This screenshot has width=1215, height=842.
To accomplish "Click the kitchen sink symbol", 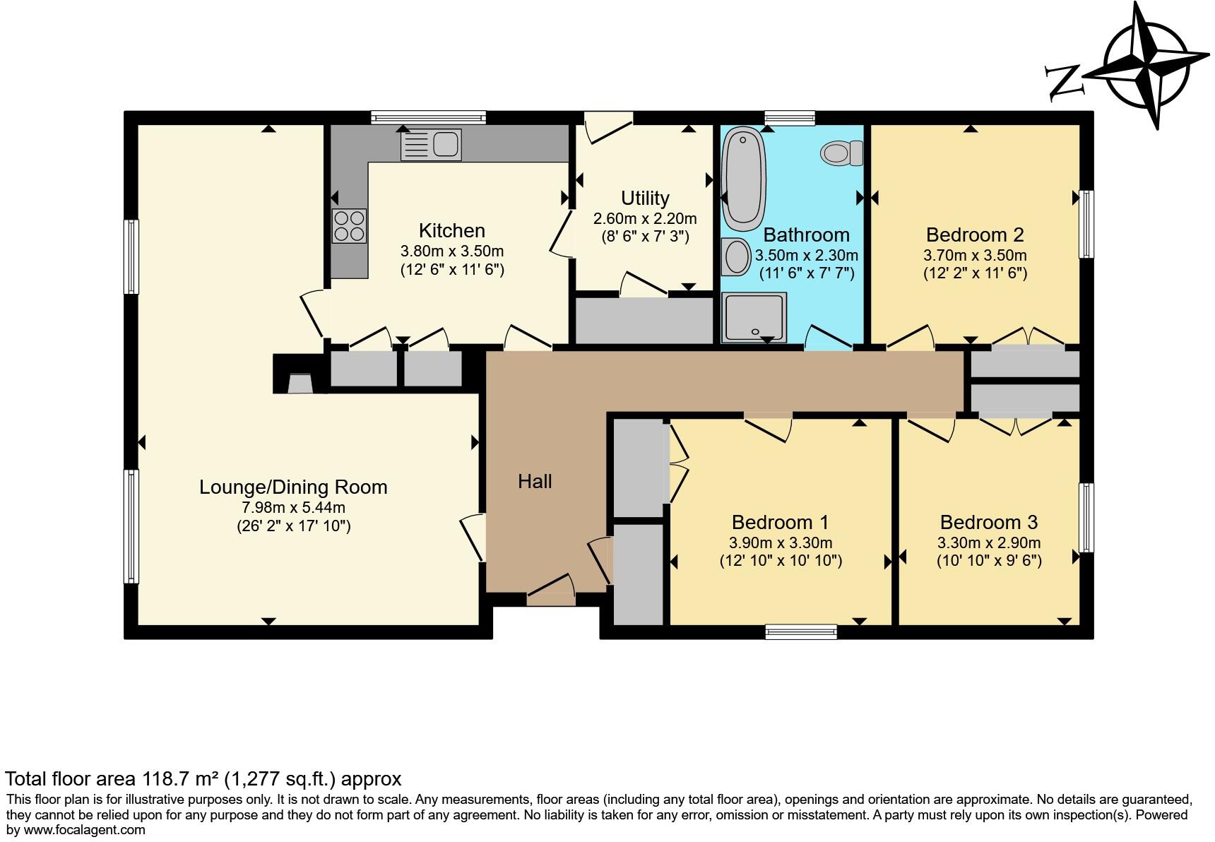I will coord(431,145).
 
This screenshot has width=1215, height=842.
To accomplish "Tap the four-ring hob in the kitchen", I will coord(349,225).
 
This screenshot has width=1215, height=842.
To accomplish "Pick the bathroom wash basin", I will coord(736,256).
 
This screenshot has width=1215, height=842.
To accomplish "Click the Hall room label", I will coord(535,482).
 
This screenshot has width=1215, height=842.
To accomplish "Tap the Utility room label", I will coord(645,198).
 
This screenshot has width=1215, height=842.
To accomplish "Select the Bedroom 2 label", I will coord(975,235).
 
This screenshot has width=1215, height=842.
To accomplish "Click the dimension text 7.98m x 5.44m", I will coord(293,507).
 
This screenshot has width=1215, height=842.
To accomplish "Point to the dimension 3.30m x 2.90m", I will coord(988,543).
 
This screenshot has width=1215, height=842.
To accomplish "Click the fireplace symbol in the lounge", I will coord(300,384).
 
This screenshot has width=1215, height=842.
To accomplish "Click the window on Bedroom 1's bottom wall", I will coord(801,631).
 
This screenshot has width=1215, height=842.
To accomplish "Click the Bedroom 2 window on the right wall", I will coord(1087,224).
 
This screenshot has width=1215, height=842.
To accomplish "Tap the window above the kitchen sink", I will coord(428,117).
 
